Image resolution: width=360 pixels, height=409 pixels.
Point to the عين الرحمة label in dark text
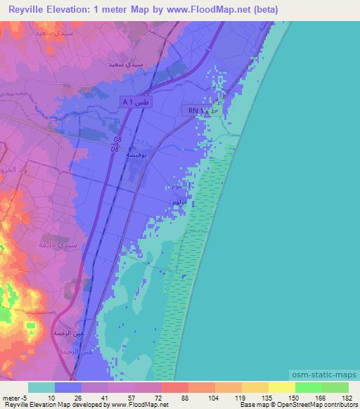click(68, 331)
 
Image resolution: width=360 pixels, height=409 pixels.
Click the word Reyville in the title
click(31, 10)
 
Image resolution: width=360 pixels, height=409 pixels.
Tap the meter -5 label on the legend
click(13, 396)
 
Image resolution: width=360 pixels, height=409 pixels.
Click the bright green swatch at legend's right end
click(335, 387)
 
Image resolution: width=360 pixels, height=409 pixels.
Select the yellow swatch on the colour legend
click(281, 387)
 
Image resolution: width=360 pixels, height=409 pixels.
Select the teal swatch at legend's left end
click(41, 387)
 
